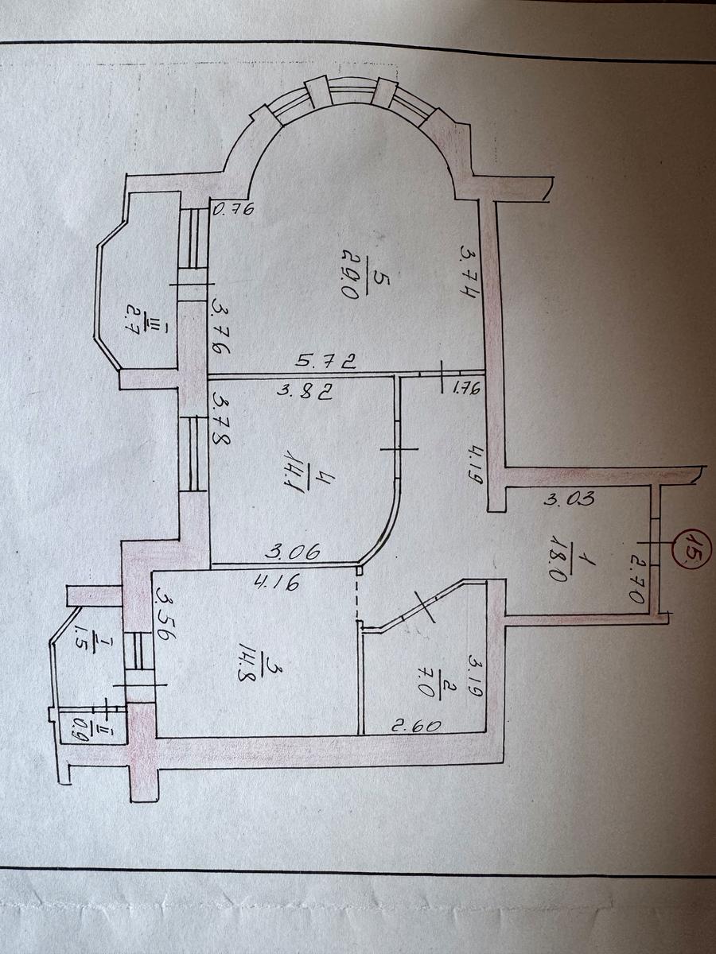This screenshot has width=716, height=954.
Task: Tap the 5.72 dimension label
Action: tap(326, 361)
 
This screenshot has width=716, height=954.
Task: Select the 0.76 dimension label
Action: tap(233, 210)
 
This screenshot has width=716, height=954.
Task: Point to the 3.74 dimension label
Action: tap(470, 273)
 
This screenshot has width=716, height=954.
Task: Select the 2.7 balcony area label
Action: tap(133, 319)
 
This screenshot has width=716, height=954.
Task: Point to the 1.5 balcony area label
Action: tap(80, 639)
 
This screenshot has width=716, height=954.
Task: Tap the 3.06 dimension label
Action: tap(294, 551)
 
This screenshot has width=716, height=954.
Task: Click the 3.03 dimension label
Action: tap(569, 498)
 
